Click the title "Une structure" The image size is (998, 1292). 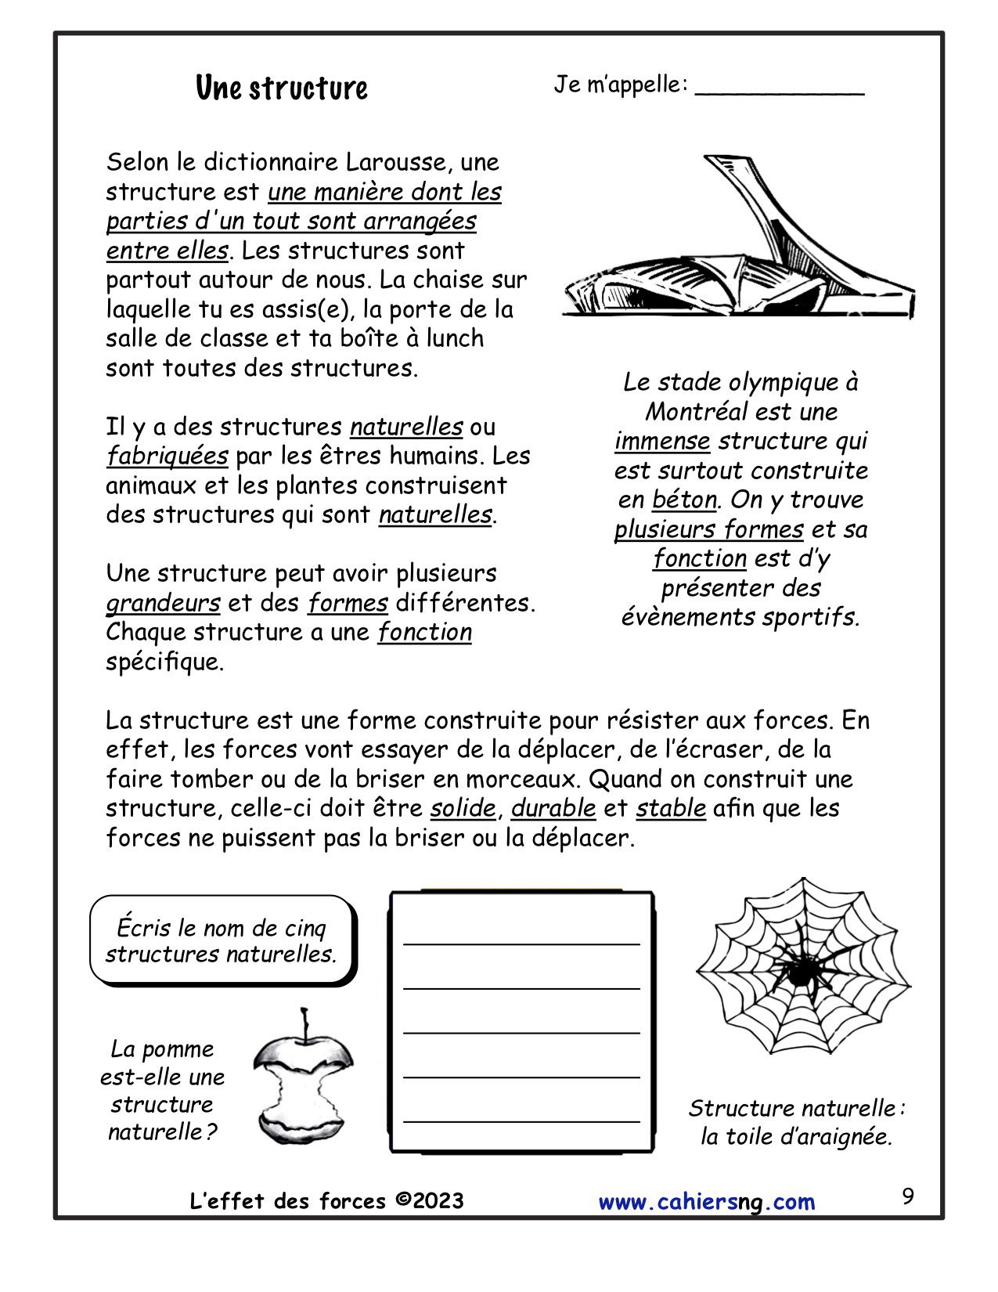point(281,88)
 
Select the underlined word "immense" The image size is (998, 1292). point(662,442)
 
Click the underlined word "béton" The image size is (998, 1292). point(684,500)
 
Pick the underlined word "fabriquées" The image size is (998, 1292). point(168,456)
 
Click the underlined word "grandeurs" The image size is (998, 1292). point(163,603)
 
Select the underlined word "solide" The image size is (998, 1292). point(463,808)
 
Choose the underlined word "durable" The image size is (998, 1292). point(553,808)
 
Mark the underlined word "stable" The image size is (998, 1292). point(671,808)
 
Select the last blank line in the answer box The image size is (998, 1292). point(521,1121)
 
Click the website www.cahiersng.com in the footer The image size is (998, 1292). point(706,1202)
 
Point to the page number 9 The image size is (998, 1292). point(907,1196)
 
